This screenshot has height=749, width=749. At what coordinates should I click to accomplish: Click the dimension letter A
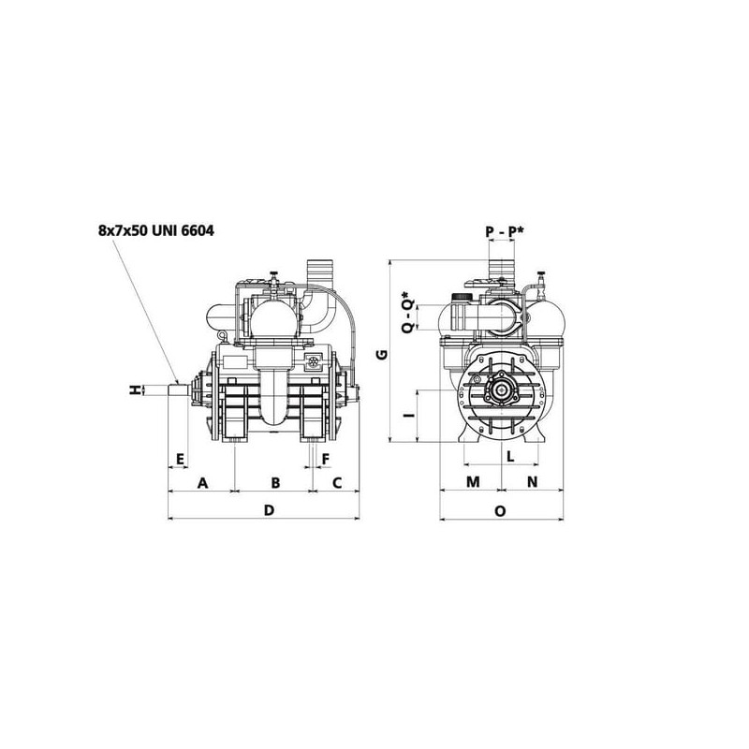pyautogui.click(x=203, y=483)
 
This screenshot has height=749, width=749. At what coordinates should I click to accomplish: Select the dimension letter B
pyautogui.click(x=275, y=483)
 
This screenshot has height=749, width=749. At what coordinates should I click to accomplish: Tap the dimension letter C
pyautogui.click(x=337, y=483)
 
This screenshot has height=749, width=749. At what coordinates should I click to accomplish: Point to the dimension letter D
pyautogui.click(x=270, y=510)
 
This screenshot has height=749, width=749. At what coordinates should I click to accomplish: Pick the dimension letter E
pyautogui.click(x=180, y=460)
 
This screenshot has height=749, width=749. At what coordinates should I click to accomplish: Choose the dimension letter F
pyautogui.click(x=326, y=460)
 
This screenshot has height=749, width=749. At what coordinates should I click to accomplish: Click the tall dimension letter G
pyautogui.click(x=382, y=354)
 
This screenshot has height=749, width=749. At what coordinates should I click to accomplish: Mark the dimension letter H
pyautogui.click(x=136, y=389)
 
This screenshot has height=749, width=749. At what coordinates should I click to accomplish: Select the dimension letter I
pyautogui.click(x=409, y=415)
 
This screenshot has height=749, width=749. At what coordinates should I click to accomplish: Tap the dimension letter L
pyautogui.click(x=510, y=456)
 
